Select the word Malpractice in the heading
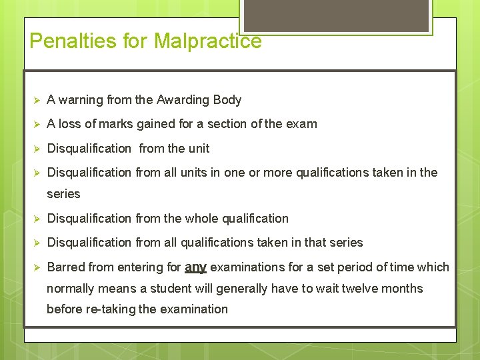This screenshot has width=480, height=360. (x=207, y=41)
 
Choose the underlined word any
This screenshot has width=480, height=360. (x=195, y=267)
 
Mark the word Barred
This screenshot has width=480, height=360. (x=65, y=267)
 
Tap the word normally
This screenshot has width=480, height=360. (x=71, y=289)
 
